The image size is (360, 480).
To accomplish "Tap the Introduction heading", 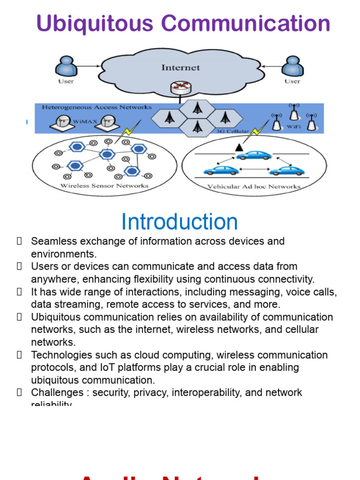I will pos(180,222).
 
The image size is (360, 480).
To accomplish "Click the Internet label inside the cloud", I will pos(180,67).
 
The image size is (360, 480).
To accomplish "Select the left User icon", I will pos(66,67).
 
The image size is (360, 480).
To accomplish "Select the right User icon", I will pos(292,67).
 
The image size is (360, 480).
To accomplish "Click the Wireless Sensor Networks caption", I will pos(105,186).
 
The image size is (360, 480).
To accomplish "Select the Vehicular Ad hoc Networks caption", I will pos(254,187).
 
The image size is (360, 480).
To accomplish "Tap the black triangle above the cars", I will pos(239,147).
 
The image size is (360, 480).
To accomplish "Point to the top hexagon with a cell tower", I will pos(198,108).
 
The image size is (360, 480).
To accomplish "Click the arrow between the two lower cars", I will pos(254,170).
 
